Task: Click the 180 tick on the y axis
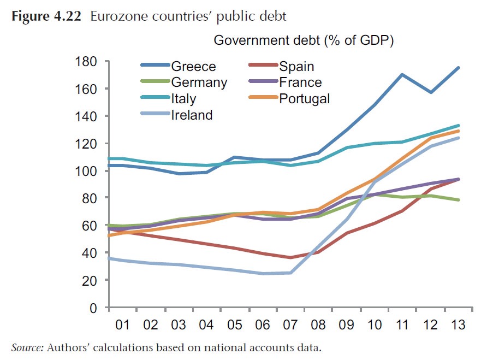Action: tap(87, 62)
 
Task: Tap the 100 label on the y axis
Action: tap(87, 171)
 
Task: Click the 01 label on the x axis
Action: tap(122, 325)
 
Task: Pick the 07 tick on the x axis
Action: tap(290, 325)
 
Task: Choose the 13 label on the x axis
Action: tap(458, 325)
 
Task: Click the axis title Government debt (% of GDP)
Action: tap(304, 40)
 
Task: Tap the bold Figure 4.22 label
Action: tap(46, 16)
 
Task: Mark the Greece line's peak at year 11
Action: tap(402, 74)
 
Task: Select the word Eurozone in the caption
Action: tap(115, 16)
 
